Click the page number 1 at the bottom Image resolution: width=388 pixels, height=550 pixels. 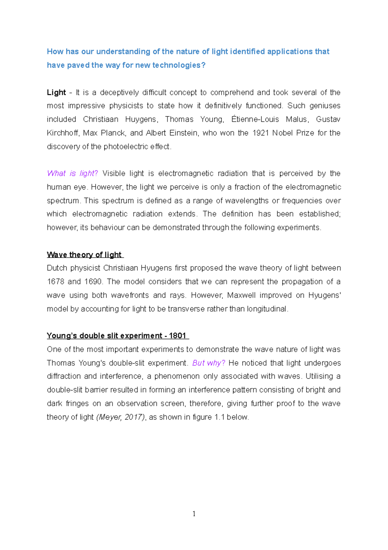pyautogui.click(x=194, y=514)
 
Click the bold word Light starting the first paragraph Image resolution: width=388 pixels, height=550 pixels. pyautogui.click(x=56, y=93)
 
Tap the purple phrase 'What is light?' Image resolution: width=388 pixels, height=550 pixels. pyautogui.click(x=72, y=174)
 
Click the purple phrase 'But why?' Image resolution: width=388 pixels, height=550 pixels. pyautogui.click(x=209, y=363)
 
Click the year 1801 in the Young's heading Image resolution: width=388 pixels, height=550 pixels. pyautogui.click(x=178, y=336)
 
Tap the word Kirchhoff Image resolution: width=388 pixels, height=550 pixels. pyautogui.click(x=62, y=133)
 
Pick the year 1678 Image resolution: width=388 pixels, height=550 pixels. pyautogui.click(x=56, y=282)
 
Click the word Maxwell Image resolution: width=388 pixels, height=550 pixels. pyautogui.click(x=241, y=295)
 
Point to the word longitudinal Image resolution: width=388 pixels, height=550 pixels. pyautogui.click(x=267, y=309)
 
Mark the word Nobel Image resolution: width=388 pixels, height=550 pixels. pyautogui.click(x=282, y=133)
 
